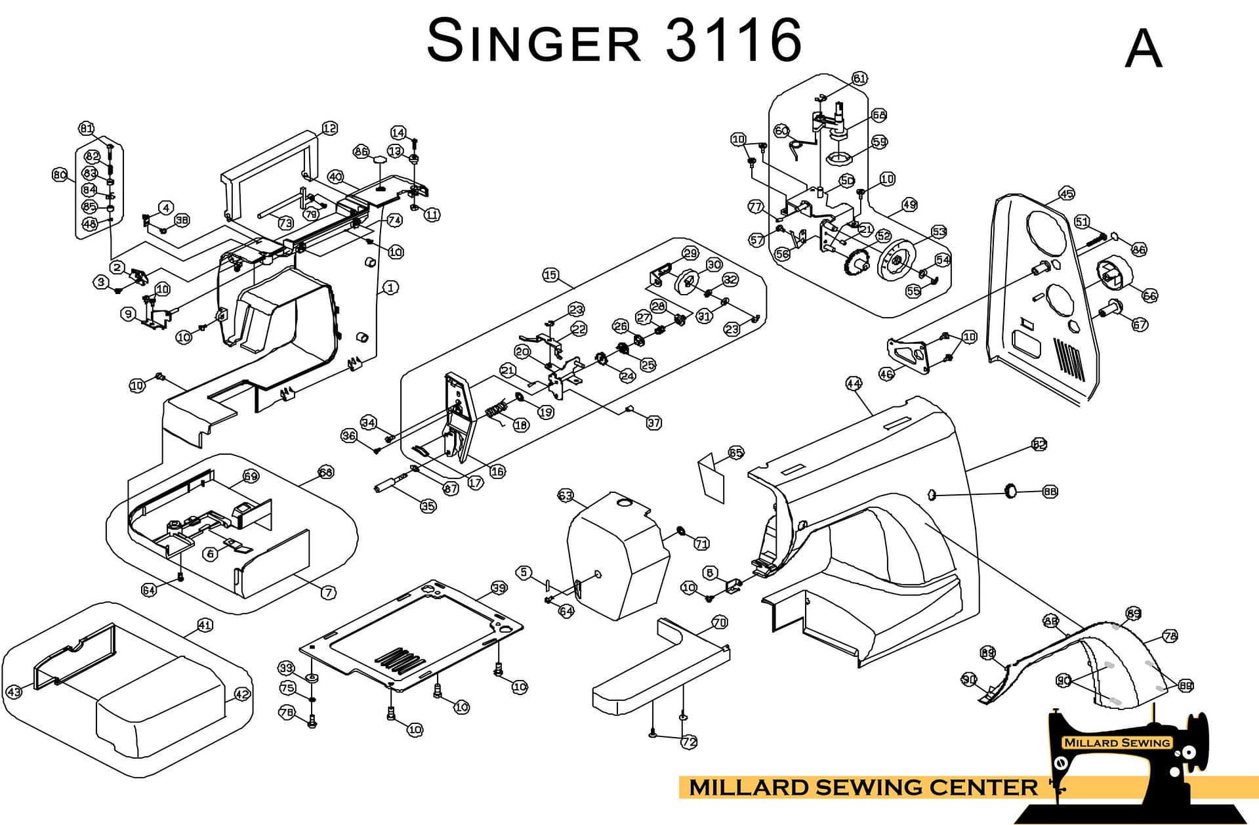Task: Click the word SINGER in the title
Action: (x=533, y=41)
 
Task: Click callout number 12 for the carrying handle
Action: (x=329, y=129)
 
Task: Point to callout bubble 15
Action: (x=550, y=275)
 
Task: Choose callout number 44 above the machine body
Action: (x=854, y=383)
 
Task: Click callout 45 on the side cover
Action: (x=1067, y=194)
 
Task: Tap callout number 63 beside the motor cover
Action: (x=565, y=496)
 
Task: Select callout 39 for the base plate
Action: (x=499, y=588)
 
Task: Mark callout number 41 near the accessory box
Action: (x=205, y=625)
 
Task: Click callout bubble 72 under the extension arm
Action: (x=689, y=742)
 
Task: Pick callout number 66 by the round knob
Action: (x=1149, y=295)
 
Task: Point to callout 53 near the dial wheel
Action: (x=939, y=232)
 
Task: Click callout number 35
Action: (x=428, y=506)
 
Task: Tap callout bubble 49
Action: (x=909, y=205)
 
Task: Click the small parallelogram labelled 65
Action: (x=711, y=478)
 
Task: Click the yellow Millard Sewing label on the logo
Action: (x=1117, y=742)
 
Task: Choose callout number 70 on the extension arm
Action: (x=720, y=622)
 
